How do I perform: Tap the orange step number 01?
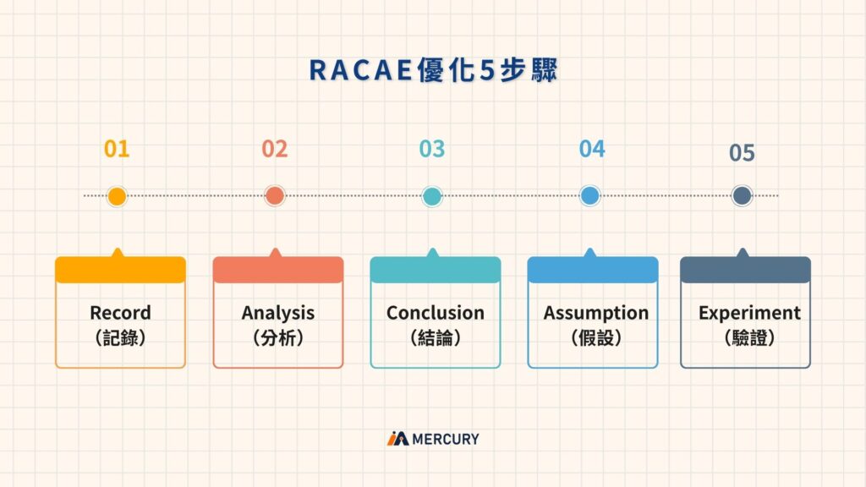(x=117, y=150)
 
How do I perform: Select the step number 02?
(x=274, y=150)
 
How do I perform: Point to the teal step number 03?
(x=431, y=150)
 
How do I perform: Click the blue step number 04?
(x=592, y=150)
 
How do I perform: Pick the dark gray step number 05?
(x=742, y=153)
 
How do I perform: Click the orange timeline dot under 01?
(x=117, y=196)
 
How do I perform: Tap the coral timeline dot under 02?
(x=274, y=196)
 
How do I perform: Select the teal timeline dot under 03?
(x=431, y=196)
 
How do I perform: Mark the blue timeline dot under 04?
(x=589, y=196)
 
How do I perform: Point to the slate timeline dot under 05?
(x=742, y=196)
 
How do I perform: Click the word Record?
(x=120, y=313)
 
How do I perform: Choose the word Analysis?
(x=277, y=313)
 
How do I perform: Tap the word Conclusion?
(x=435, y=313)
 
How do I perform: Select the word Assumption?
(x=595, y=313)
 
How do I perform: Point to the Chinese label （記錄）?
(x=120, y=337)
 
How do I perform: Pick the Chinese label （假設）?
(x=595, y=337)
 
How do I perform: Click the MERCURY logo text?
(x=445, y=439)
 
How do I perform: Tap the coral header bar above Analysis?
(x=277, y=270)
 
